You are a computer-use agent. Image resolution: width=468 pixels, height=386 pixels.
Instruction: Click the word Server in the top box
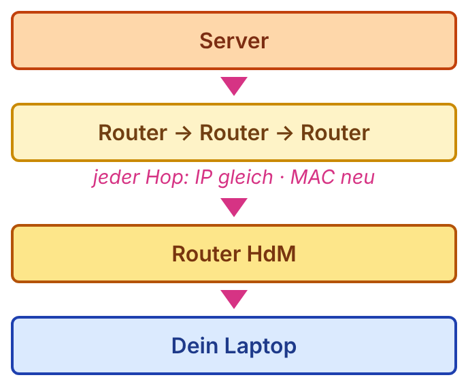(x=234, y=41)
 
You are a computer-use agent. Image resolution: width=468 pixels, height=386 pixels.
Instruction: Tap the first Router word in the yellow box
(x=133, y=133)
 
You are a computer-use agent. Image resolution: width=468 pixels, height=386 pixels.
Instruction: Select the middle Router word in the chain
(x=234, y=133)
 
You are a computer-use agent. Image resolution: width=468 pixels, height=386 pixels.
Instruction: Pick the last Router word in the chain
(x=335, y=133)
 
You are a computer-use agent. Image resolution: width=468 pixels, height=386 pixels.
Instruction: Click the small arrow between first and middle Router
(x=183, y=133)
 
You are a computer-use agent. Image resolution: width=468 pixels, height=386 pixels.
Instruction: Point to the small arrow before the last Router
(x=285, y=133)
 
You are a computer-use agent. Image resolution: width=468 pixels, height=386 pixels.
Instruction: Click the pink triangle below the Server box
(x=234, y=86)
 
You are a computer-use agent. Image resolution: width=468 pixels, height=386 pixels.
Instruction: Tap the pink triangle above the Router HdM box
(x=234, y=207)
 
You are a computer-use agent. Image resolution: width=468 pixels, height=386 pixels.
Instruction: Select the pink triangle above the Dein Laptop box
(x=234, y=299)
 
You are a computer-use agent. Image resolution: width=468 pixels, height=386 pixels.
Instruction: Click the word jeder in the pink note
(x=116, y=178)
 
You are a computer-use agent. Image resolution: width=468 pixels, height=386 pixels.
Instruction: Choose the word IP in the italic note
(x=203, y=177)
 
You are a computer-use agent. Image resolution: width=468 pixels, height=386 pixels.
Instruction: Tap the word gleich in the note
(x=246, y=178)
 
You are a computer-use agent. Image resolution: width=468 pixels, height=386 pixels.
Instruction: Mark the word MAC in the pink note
(x=312, y=177)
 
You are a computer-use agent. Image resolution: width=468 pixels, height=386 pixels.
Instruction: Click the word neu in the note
(x=358, y=178)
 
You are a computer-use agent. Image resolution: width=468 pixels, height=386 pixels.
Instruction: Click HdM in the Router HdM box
(x=271, y=254)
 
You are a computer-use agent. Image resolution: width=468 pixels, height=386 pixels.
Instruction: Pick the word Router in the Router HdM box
(x=207, y=254)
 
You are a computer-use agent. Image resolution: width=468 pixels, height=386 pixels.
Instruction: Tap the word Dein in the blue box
(x=195, y=346)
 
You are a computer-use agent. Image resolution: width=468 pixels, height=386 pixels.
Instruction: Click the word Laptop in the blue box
(x=261, y=347)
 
